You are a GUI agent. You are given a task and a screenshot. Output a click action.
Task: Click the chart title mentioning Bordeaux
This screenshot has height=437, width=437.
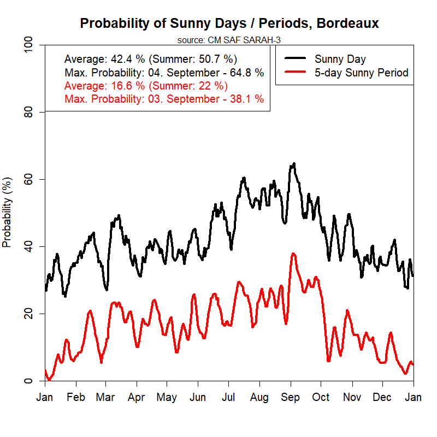coord(229,23)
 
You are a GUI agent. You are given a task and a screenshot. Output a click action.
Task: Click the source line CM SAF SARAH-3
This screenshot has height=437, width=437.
coord(229,40)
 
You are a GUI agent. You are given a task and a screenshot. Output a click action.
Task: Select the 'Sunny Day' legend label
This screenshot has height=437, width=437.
coord(340,59)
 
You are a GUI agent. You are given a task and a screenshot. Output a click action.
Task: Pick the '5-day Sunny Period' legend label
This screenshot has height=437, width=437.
coord(361,73)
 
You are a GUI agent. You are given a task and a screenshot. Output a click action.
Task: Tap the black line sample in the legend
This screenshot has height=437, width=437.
coord(295,59)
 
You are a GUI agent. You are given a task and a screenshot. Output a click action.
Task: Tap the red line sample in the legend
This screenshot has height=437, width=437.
coord(295,73)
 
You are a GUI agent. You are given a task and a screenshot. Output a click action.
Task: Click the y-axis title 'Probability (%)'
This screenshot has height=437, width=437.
coord(7,212)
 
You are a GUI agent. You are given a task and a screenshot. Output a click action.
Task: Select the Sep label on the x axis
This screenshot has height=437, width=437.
coord(291,397)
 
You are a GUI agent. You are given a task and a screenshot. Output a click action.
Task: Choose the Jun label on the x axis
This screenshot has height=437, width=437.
coord(198,397)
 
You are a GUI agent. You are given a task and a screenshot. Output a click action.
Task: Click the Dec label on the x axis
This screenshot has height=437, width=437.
coord(383,397)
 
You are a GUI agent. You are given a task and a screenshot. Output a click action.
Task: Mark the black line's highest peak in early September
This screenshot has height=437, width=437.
coord(294,163)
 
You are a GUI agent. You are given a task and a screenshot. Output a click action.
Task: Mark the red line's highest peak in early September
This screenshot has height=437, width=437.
coord(293,253)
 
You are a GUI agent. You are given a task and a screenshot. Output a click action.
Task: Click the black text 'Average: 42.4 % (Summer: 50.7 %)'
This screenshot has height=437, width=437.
coord(151,59)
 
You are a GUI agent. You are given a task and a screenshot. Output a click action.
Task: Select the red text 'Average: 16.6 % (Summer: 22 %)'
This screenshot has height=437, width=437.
coord(146,86)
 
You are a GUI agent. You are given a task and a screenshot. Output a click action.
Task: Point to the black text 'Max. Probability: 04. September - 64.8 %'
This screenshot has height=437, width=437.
coord(164,73)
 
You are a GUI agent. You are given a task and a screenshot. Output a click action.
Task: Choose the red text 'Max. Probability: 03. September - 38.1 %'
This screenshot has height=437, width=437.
coord(164,99)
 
